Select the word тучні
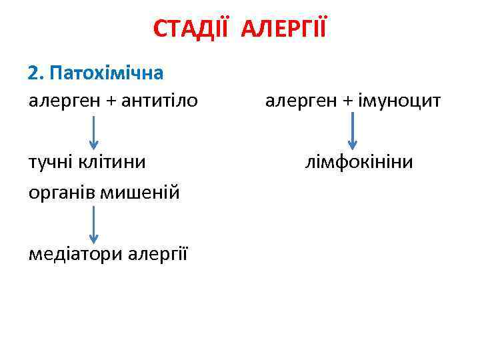tap(51, 163)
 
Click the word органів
tap(61, 193)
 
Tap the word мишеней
tap(140, 193)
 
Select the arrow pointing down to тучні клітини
tap(94, 133)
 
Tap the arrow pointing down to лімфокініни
tap(353, 133)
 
